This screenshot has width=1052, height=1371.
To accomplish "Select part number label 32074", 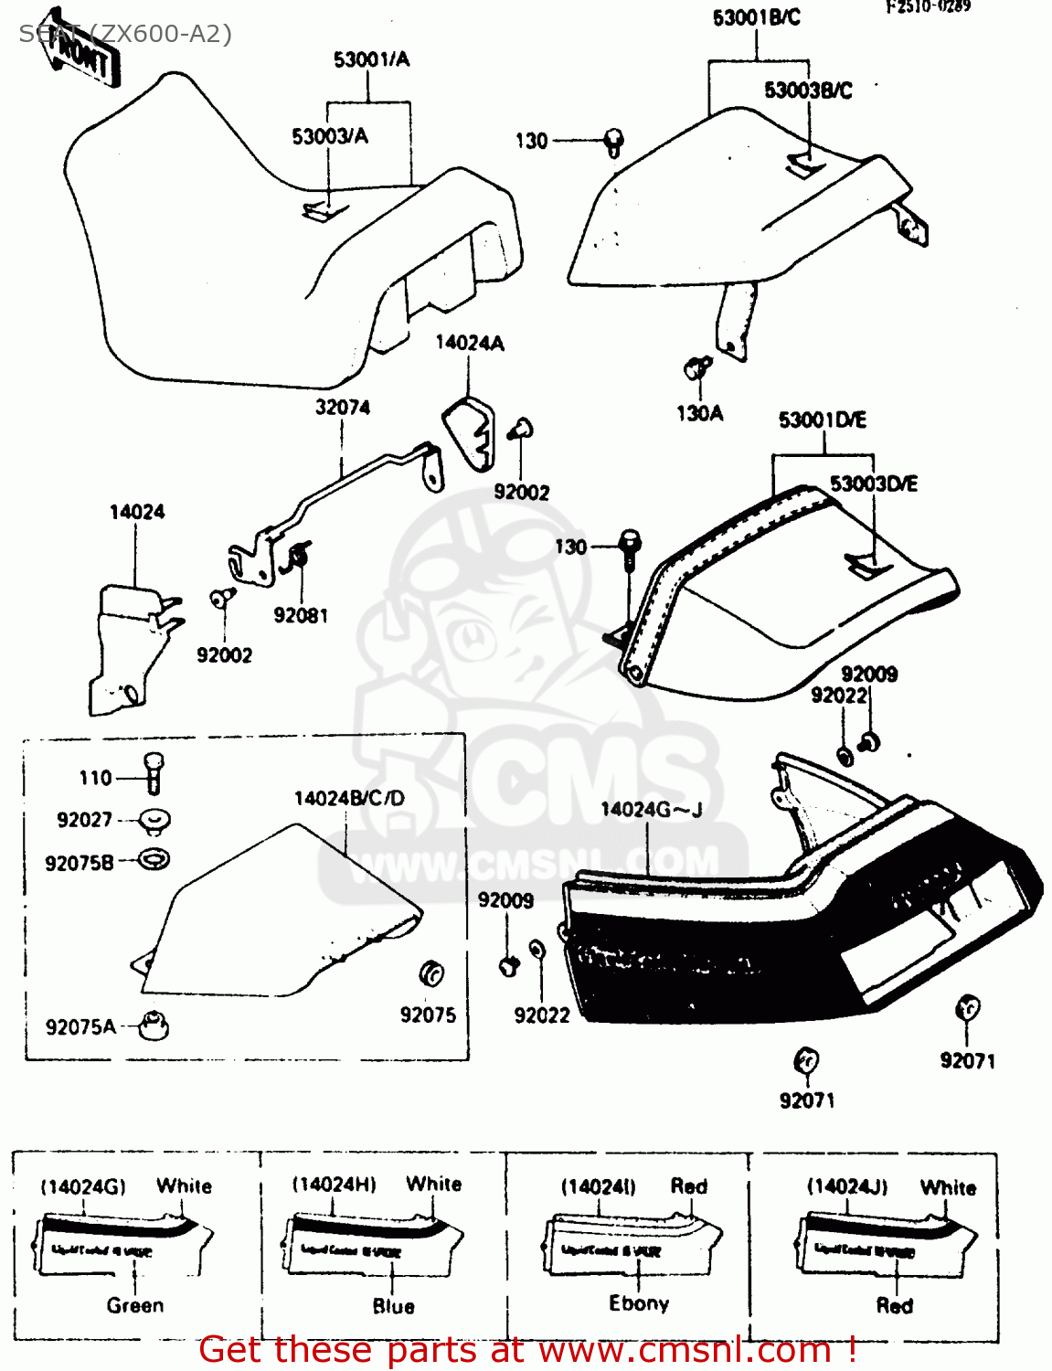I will point(343,408).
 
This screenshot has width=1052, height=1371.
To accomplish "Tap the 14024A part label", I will point(469,343).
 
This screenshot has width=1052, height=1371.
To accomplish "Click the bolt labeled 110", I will point(154,772).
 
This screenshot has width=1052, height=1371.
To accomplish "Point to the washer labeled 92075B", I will point(154,859).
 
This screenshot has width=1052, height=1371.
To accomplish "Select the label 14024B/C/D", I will point(349,799).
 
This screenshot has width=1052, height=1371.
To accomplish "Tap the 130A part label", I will point(699,414).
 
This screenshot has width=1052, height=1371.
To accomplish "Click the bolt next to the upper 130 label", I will point(614,142).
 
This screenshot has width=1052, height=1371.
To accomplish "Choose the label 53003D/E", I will point(873,484).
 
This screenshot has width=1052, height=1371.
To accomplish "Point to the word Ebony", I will point(639,1303).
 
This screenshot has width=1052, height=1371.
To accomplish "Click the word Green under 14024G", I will point(135,1305).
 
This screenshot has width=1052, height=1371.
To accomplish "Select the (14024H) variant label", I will point(334,1185).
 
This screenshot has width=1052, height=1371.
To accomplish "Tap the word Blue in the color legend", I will point(394,1306).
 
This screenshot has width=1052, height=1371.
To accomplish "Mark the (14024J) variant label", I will point(847,1186).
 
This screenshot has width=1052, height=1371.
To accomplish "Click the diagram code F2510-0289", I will point(928,7).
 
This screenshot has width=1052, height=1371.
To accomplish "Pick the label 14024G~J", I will point(651,810).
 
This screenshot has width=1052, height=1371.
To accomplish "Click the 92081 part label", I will point(301,616).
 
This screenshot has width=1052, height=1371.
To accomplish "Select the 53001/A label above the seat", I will point(371,60).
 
